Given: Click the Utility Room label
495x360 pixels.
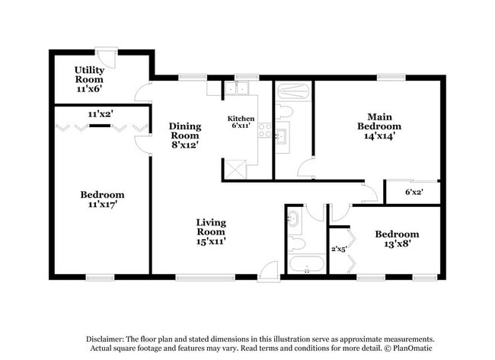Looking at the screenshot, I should click(89, 79).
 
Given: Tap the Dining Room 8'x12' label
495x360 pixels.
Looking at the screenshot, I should click(185, 135).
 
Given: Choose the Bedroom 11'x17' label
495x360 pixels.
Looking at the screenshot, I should click(102, 199).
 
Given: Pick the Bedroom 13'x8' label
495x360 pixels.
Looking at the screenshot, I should click(396, 239).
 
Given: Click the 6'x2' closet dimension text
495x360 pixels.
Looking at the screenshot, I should click(414, 192).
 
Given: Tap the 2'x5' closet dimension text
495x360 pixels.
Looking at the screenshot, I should click(339, 247).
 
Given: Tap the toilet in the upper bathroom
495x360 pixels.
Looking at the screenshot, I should click(286, 112).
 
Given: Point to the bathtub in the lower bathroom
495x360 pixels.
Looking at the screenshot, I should click(306, 265).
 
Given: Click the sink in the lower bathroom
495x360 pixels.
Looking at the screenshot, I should click(293, 219).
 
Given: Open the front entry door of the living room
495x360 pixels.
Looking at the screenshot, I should click(269, 269).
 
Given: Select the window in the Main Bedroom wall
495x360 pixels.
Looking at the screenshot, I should click(390, 76).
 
